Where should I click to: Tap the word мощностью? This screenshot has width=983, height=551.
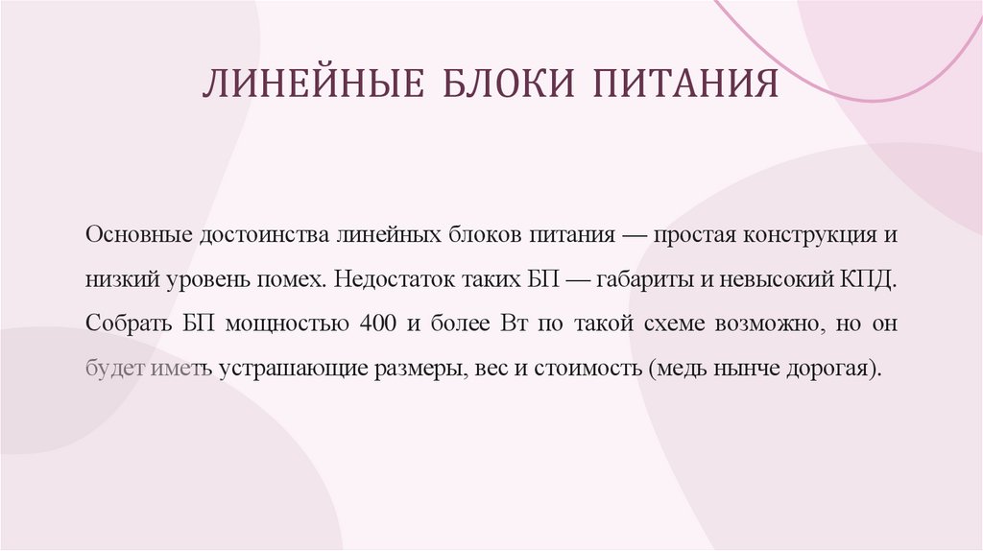(286, 323)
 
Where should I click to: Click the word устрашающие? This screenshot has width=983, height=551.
(284, 368)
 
